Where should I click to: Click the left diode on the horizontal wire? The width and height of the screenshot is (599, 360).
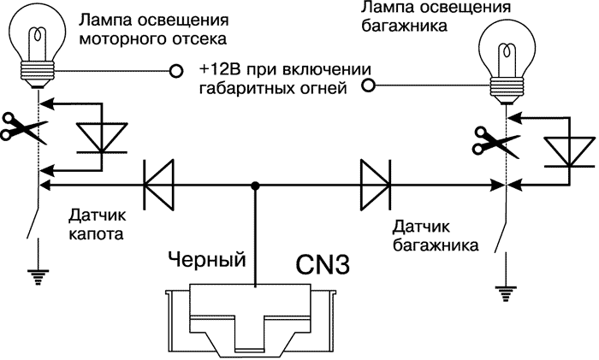pos(158,183)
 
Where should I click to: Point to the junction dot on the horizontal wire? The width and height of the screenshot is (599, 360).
pos(255,183)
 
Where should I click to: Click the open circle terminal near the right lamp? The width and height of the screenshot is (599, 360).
pos(369,85)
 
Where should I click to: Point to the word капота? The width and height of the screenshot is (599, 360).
pos(92,233)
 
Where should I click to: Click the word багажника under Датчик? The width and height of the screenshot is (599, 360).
pos(435,244)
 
